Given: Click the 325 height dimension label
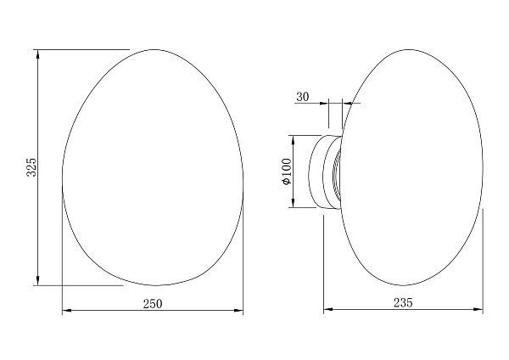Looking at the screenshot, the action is coord(31,167).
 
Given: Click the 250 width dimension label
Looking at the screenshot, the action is coord(153,304).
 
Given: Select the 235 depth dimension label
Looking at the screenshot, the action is coord(403,303).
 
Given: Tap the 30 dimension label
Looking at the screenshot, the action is coord(303,97).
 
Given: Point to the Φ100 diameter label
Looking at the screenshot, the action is coord(288,172).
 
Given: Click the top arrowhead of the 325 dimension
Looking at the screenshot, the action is coord(38,54).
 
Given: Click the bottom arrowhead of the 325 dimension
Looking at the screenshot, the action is coord(38,281).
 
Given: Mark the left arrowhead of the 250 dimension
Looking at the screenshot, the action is coord(66,311).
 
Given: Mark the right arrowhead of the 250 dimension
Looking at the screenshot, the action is coord(238,311).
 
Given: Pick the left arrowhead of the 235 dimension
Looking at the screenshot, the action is coord(328,309).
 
